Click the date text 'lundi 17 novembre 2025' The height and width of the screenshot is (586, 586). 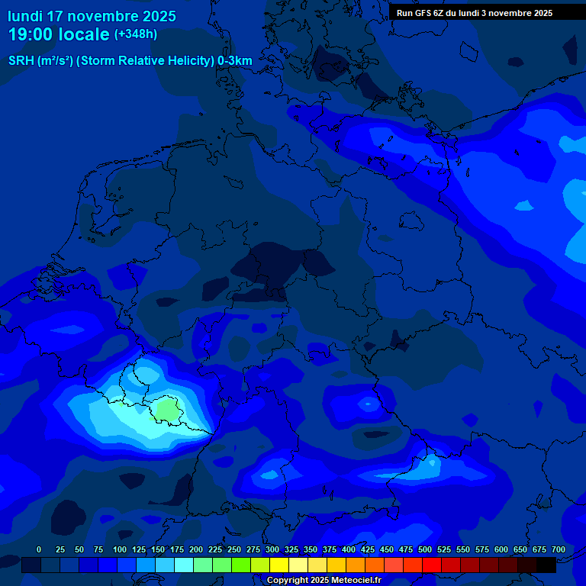pyautogui.click(x=92, y=16)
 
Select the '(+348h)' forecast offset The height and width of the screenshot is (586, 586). pyautogui.click(x=136, y=34)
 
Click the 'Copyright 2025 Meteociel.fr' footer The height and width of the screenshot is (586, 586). pyautogui.click(x=324, y=581)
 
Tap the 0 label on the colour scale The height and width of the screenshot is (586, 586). pyautogui.click(x=39, y=550)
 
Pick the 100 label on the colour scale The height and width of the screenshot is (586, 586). pyautogui.click(x=119, y=550)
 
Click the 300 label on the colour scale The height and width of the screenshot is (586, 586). pyautogui.click(x=272, y=550)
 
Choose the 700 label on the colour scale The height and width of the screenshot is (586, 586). pyautogui.click(x=559, y=550)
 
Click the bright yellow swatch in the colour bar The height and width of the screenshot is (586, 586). pyautogui.click(x=279, y=565)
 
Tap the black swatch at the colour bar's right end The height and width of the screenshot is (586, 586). pyautogui.click(x=546, y=565)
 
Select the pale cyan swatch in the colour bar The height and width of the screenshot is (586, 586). pyautogui.click(x=184, y=565)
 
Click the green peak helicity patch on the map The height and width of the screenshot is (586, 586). pyautogui.click(x=167, y=411)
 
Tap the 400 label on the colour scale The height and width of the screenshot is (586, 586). pyautogui.click(x=349, y=550)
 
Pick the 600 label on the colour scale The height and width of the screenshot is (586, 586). pyautogui.click(x=501, y=550)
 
